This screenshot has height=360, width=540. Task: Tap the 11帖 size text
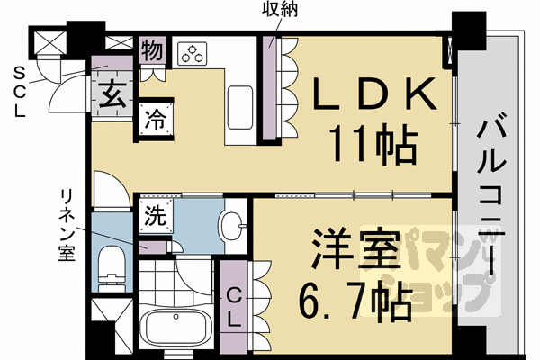(370, 141)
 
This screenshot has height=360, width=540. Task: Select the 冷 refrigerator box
(152, 117)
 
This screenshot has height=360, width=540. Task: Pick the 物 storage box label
(152, 49)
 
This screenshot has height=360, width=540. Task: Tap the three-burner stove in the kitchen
(192, 53)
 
